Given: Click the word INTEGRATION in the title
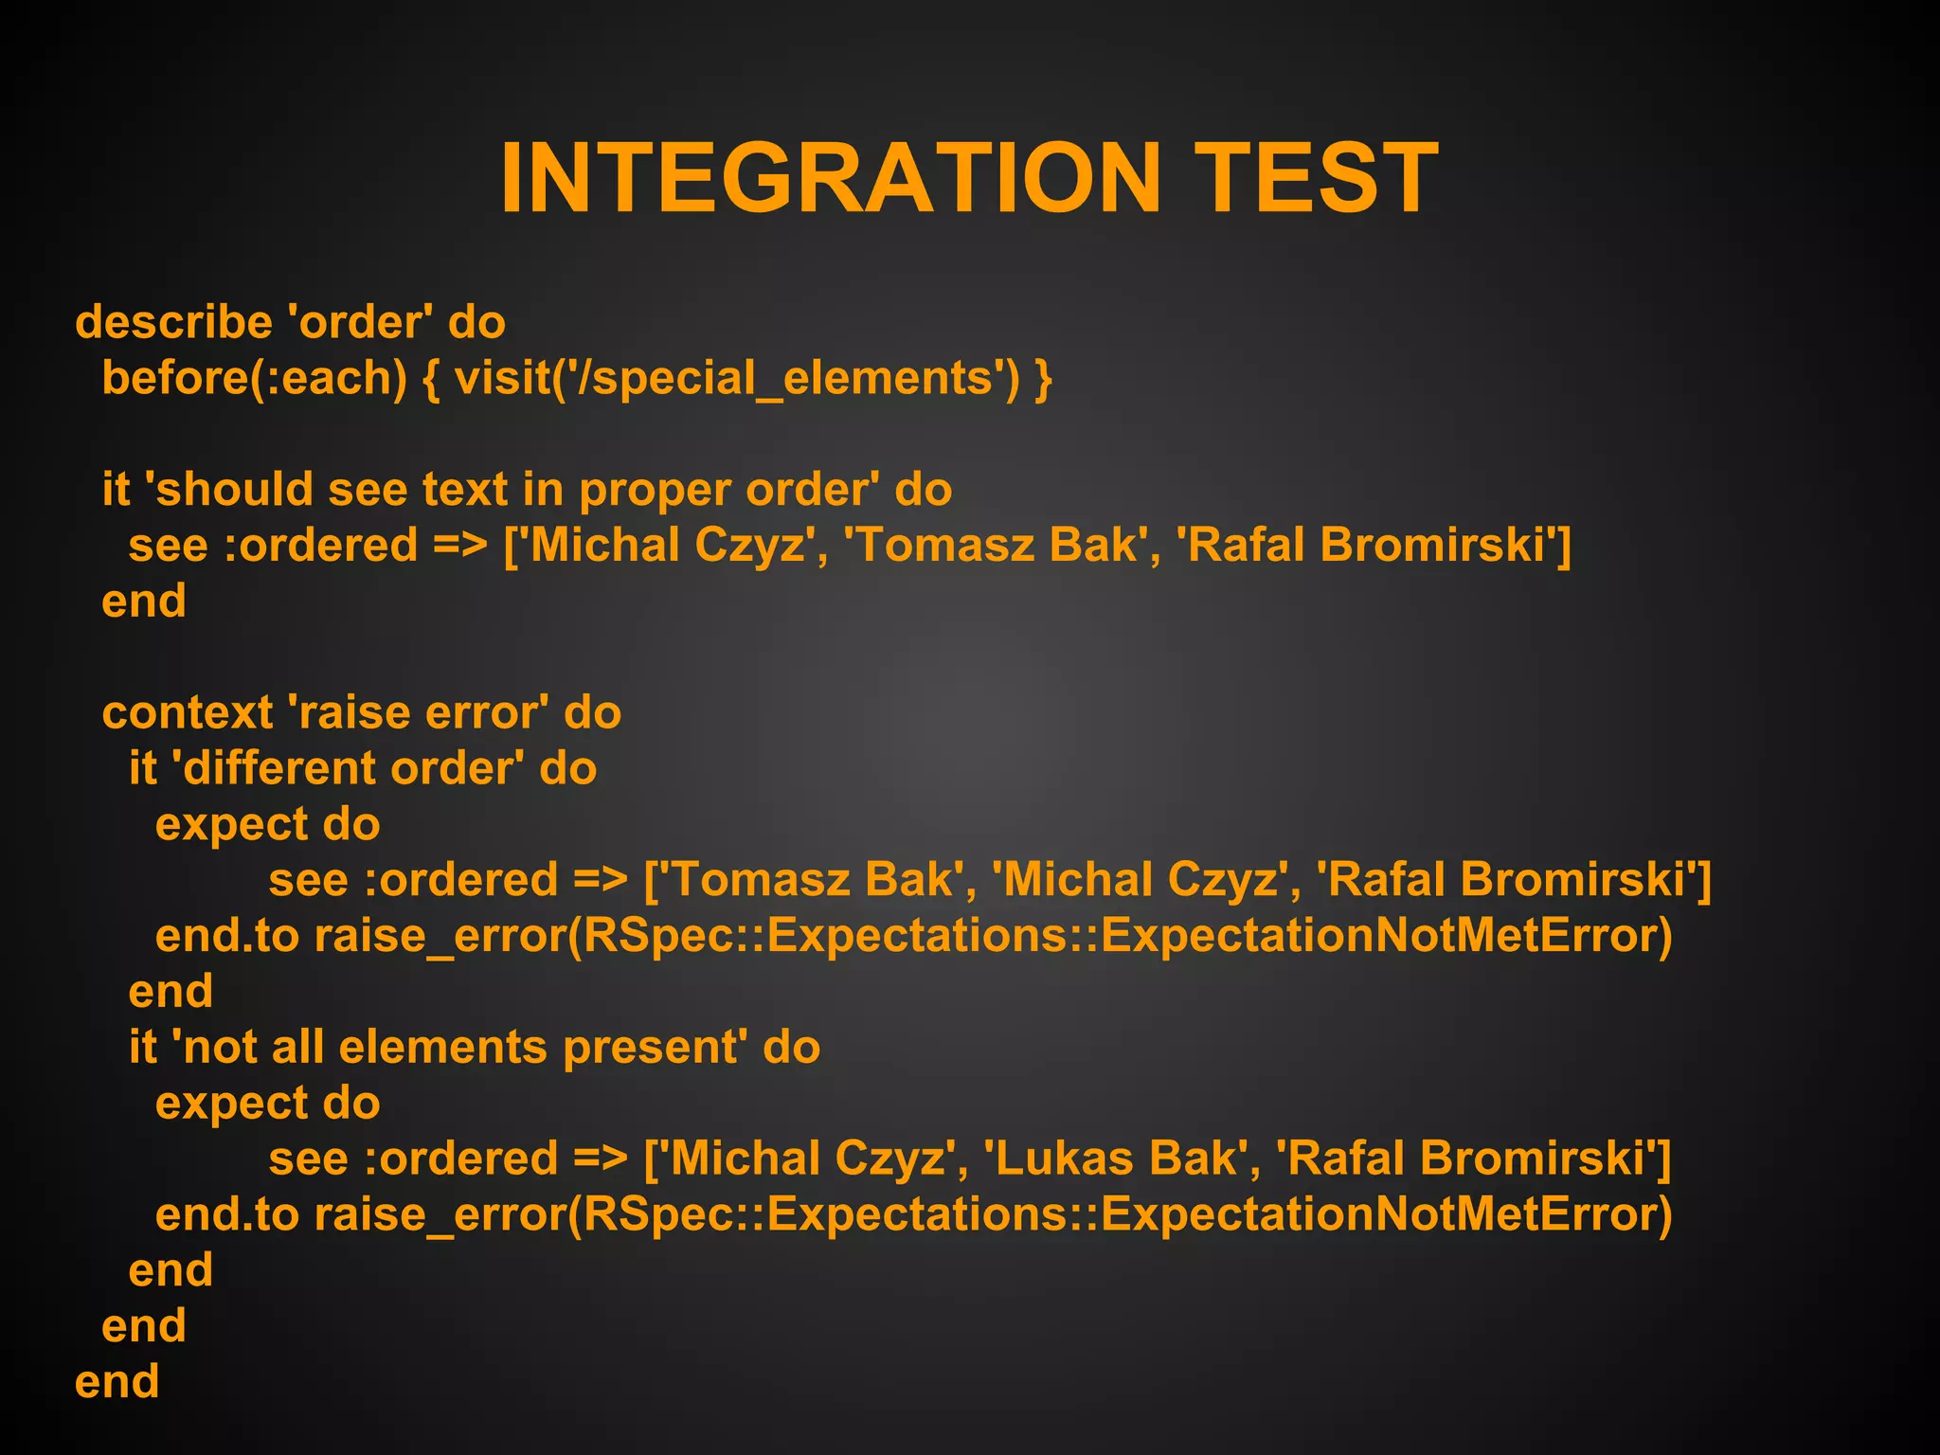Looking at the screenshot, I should [830, 178].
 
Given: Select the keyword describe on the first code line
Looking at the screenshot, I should [173, 322].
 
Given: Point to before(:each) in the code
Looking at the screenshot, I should [254, 378].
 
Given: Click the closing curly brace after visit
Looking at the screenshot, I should [1043, 378].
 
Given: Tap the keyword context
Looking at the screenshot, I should [187, 712].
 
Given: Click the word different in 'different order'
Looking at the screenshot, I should [279, 768].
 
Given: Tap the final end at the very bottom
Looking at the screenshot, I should [117, 1382].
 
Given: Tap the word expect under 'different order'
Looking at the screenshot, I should [231, 824].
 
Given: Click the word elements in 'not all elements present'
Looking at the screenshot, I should [442, 1048].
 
